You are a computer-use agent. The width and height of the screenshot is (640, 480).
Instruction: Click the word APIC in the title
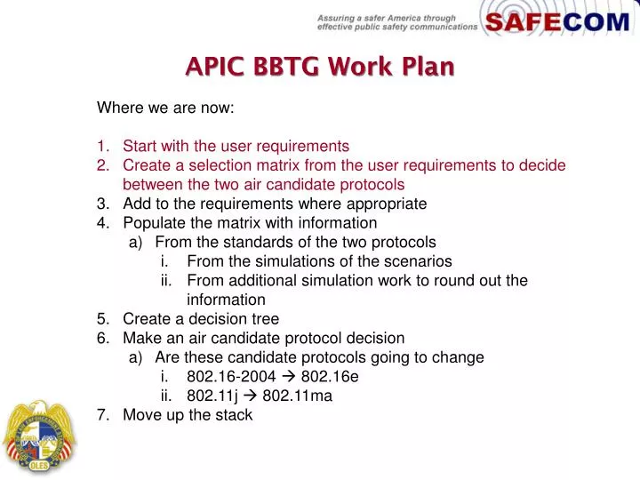point(214,67)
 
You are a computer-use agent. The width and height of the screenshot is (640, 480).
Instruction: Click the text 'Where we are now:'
point(164,108)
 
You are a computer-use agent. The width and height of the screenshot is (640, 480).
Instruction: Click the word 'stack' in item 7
point(235,415)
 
